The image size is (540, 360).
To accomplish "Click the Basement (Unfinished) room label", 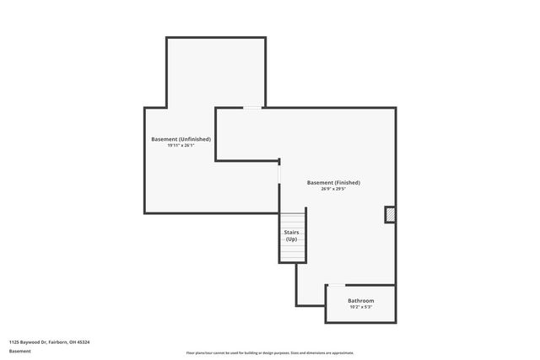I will click(x=187, y=139).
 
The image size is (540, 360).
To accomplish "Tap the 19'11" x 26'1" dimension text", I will click(x=187, y=146).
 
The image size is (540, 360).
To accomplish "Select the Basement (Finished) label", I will click(x=333, y=183).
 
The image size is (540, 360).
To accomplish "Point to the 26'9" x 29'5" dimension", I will click(x=333, y=190).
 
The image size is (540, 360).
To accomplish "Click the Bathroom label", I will click(x=360, y=301).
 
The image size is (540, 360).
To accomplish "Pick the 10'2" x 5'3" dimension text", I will click(x=360, y=308).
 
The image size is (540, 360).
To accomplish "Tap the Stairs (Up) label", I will click(x=291, y=236).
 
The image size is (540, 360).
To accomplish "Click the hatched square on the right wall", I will click(x=390, y=215).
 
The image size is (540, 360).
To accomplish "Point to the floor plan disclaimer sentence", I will click(x=270, y=353).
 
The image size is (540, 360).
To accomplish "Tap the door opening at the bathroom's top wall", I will click(x=335, y=285).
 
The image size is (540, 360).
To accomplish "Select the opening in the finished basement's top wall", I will click(x=252, y=107).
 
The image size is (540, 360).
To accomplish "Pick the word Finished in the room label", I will click(x=347, y=183).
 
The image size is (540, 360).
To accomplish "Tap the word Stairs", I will click(x=291, y=233).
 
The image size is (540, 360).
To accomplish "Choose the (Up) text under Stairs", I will click(x=291, y=239).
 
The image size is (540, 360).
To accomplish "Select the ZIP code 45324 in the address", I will click(x=84, y=342).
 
